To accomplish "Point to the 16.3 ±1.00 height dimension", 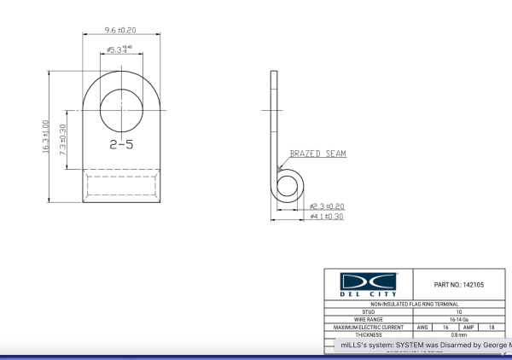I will [x=45, y=136].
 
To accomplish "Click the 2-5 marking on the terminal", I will [x=122, y=145].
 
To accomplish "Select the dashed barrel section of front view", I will [x=122, y=185].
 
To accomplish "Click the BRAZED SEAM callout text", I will [x=317, y=154].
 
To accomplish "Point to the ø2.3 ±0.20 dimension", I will [x=327, y=206].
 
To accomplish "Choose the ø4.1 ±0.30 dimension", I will [x=327, y=218].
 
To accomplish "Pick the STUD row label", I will [x=368, y=312].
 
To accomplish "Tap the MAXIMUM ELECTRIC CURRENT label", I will [x=368, y=328].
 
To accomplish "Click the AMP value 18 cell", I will [x=492, y=328].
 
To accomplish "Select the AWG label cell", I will [x=422, y=328].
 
